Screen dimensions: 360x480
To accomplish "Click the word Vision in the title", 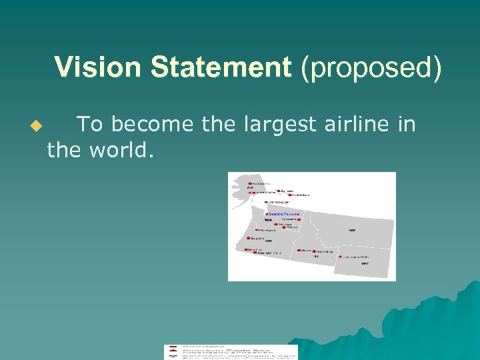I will [99, 68].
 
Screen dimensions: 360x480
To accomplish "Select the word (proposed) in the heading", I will [371, 68].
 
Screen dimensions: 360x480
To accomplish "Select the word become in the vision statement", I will [146, 124].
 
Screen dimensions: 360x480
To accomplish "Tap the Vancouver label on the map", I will [279, 201].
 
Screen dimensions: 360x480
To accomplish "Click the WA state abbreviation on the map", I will [268, 219].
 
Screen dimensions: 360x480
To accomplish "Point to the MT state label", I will [352, 230].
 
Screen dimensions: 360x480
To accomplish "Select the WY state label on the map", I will [365, 263].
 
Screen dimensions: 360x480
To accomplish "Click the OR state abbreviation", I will [269, 241].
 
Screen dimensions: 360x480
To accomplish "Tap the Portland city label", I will [267, 231].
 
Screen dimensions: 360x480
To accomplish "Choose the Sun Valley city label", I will [325, 251].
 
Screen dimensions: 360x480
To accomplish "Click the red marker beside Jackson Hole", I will [340, 257].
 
